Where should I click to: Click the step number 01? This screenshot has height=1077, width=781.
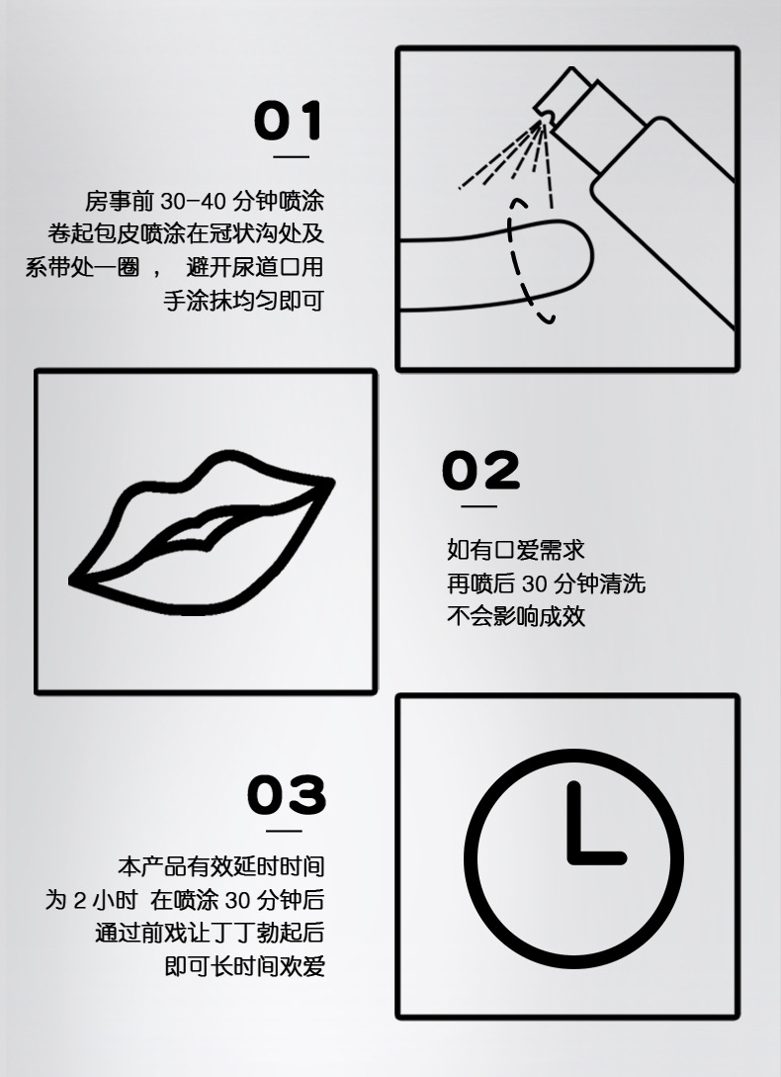click(x=289, y=121)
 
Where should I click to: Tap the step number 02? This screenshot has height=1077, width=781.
click(x=480, y=471)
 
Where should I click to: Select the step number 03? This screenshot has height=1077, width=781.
click(x=287, y=795)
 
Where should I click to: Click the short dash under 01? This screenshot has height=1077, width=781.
click(x=291, y=156)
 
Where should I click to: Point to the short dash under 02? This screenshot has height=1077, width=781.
click(x=479, y=506)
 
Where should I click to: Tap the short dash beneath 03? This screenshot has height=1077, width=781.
click(x=285, y=831)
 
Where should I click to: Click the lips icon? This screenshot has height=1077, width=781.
click(x=203, y=535)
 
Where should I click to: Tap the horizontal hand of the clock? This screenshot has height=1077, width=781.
click(x=598, y=855)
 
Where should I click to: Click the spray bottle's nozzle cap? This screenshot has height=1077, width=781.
click(x=560, y=95)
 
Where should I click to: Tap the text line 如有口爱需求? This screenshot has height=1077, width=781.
click(x=515, y=550)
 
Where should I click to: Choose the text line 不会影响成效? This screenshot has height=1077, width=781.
click(x=515, y=617)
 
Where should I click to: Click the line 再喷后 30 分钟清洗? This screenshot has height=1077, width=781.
click(x=545, y=583)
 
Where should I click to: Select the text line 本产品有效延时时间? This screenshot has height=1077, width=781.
click(x=220, y=867)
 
